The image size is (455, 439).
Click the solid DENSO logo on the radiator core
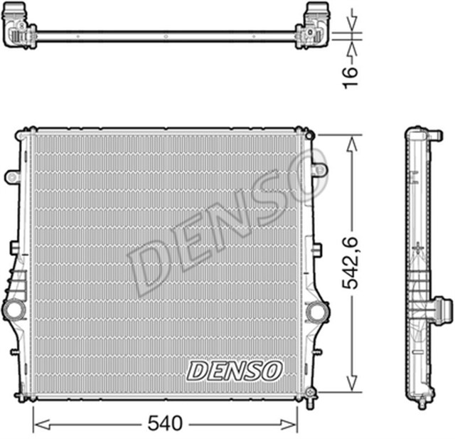tap(235, 369)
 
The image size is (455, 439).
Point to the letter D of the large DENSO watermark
tap(151, 269)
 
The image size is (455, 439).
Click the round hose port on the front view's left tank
tap(15, 310)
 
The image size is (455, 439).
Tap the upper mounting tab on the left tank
tap(11, 175)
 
